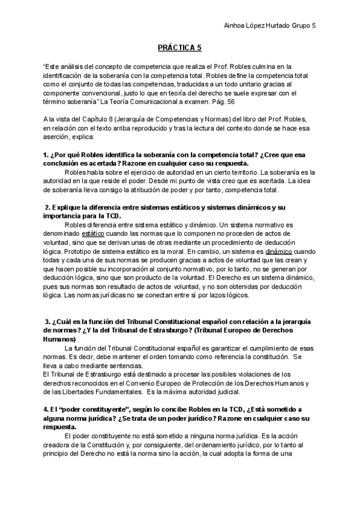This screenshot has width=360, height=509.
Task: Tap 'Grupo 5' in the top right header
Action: tap(304, 25)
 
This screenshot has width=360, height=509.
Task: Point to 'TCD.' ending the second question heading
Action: tap(112, 215)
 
